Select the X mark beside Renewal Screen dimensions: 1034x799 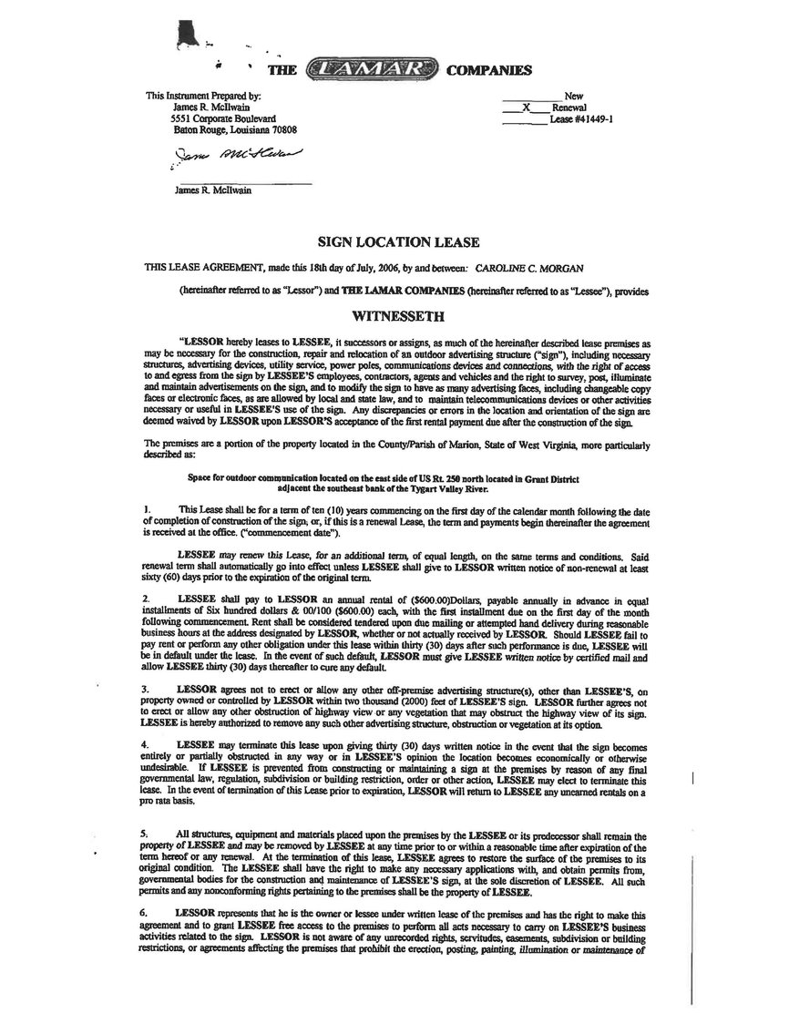(x=527, y=107)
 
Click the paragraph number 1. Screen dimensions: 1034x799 (x=146, y=507)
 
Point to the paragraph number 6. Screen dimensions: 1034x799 (x=146, y=912)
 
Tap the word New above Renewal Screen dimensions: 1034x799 (x=574, y=95)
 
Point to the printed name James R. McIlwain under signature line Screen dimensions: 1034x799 (x=212, y=190)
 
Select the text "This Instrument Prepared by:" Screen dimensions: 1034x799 (x=203, y=96)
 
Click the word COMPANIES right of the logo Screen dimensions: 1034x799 (x=488, y=69)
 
